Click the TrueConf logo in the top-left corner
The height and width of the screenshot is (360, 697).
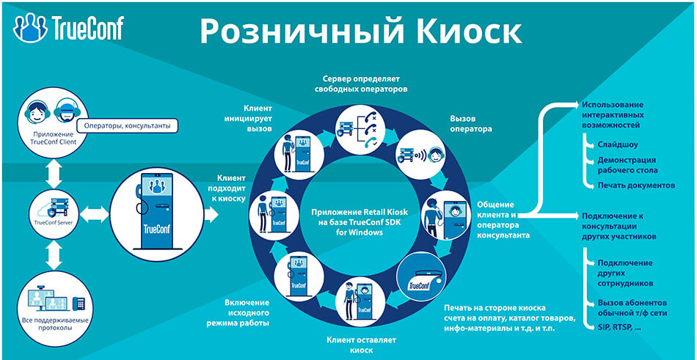tap(68, 27)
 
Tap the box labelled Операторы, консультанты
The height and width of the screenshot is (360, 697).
tap(127, 126)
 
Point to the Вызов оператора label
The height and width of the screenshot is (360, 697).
tap(470, 123)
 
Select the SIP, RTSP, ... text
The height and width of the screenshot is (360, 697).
tap(620, 326)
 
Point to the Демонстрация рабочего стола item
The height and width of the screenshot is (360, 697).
tap(626, 164)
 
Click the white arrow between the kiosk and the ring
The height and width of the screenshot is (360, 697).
tap(212, 213)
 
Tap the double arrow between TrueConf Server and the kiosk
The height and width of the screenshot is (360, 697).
tap(92, 214)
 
